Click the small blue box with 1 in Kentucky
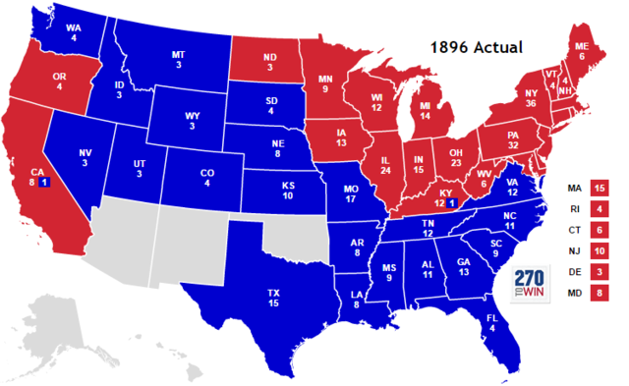(x=452, y=202)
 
